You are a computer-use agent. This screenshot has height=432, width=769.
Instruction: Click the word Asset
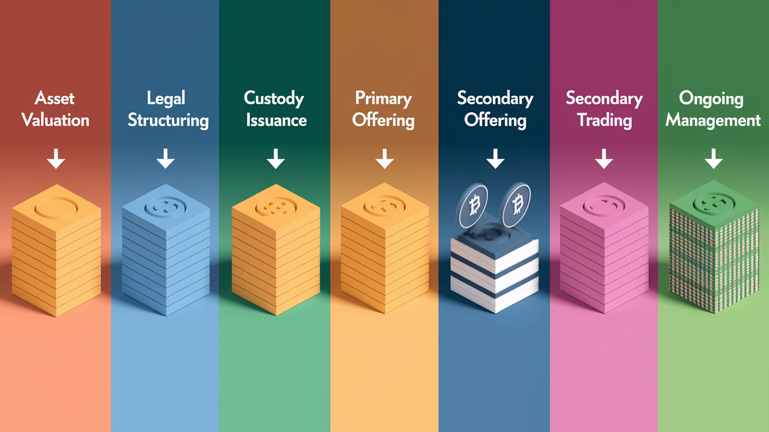pos(55,98)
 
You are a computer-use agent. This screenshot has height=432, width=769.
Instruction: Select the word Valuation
pos(55,120)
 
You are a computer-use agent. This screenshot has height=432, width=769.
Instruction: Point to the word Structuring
pos(168,121)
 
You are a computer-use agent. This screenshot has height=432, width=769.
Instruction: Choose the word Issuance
pos(276,120)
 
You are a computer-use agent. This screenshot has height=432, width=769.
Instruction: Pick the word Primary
pos(383,99)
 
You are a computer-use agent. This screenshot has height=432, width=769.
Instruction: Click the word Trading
pos(604,121)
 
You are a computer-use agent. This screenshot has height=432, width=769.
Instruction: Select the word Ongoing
pos(711,99)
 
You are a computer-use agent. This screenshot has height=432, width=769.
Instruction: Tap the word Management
pos(713,121)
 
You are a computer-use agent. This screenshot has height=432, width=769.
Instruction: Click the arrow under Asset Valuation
pos(56,158)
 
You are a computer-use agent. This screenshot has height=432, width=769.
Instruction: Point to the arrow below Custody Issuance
pos(275,158)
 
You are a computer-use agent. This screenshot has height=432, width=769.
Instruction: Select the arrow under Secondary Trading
pos(604,158)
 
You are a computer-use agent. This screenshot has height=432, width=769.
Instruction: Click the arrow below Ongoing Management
pos(714,158)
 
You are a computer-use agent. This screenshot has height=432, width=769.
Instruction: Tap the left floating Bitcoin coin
pos(472,205)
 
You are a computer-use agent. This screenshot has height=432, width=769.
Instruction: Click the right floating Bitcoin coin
pos(515,205)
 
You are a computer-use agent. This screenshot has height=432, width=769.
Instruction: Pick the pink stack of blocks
pos(604,248)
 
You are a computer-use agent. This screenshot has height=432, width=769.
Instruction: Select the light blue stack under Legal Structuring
pos(166,250)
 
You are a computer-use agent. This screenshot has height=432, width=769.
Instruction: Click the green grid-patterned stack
pos(714,247)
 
